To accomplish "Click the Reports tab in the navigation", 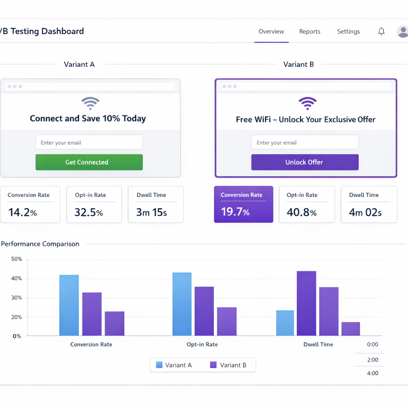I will (310, 31).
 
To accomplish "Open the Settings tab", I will (348, 31).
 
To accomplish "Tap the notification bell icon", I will (381, 31).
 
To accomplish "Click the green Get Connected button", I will (89, 162).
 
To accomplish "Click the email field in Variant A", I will (89, 142).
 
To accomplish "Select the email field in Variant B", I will (305, 142).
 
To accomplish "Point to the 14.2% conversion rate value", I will (22, 212).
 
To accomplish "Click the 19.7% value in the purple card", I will (235, 212).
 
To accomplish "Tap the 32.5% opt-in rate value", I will (88, 212).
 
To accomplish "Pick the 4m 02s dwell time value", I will (365, 212).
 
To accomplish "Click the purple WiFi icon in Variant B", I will (308, 104).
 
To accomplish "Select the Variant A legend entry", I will (174, 365).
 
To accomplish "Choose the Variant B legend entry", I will (228, 365).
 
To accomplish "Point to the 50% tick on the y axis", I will (17, 259).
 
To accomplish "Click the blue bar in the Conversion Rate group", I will (69, 305).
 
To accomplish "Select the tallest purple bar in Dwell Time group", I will (306, 303).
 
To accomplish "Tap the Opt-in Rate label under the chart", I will (202, 344).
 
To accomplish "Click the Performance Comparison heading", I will (40, 244).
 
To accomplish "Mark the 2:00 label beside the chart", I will (373, 360).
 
